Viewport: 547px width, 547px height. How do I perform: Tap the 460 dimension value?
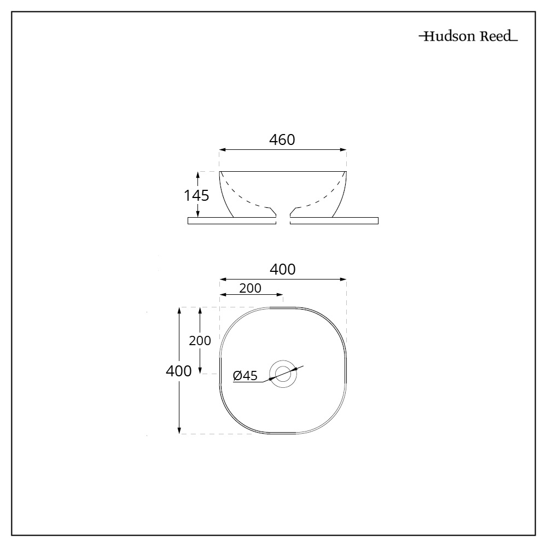[x=282, y=139]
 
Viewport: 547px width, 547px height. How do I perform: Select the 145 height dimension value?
[x=196, y=195]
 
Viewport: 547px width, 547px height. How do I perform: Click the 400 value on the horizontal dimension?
[x=282, y=269]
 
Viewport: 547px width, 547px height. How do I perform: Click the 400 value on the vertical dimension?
[x=178, y=371]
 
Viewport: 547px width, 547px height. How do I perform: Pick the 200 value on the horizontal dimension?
[x=250, y=288]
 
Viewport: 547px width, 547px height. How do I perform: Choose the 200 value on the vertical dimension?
[x=200, y=340]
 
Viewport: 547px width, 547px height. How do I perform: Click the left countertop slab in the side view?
[x=231, y=221]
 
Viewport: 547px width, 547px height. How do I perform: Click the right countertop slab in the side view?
[x=334, y=221]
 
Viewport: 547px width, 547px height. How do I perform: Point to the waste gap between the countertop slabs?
[x=283, y=221]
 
